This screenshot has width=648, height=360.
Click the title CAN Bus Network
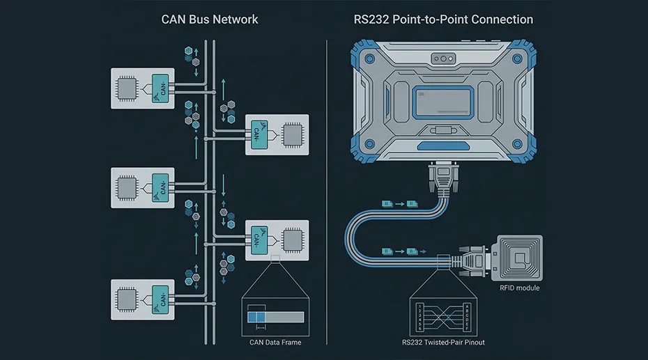210,19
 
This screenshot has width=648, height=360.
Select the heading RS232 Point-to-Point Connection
443,19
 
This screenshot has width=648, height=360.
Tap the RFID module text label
519,288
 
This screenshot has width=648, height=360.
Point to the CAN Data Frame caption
275,342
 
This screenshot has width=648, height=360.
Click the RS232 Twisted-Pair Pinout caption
442,342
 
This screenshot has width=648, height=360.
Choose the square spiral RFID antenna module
518,258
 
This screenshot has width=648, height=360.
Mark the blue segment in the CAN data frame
256,316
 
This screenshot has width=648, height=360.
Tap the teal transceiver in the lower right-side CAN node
256,239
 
